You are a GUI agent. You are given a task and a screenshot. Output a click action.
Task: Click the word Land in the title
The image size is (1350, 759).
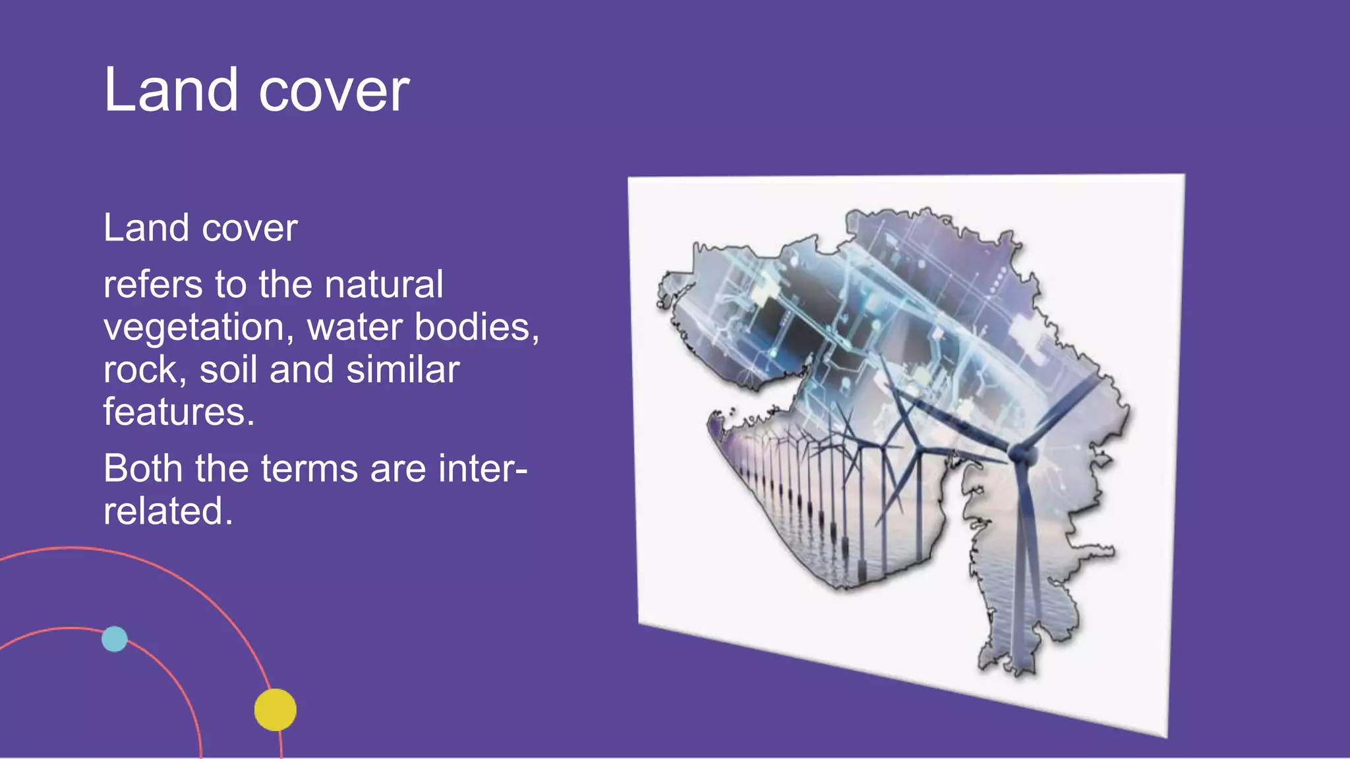click(171, 90)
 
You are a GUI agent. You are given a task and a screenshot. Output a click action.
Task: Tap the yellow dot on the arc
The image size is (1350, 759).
click(276, 710)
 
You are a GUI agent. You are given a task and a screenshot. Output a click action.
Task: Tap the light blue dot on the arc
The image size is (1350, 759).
click(115, 638)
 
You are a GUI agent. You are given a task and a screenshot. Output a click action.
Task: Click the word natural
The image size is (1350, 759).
click(384, 285)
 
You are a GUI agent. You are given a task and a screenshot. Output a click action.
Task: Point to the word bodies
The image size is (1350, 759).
click(476, 327)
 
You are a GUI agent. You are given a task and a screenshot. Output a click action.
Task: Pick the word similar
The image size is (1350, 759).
click(403, 370)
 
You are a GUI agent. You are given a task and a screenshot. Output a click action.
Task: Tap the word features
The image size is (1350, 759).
click(178, 412)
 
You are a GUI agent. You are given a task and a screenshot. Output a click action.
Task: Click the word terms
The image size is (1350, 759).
click(309, 468)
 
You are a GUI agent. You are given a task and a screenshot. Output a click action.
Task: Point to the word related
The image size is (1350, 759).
click(167, 511)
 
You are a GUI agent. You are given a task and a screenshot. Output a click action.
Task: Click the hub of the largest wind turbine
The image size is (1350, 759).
click(1020, 453)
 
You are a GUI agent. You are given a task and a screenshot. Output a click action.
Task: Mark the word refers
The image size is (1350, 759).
click(153, 285)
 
